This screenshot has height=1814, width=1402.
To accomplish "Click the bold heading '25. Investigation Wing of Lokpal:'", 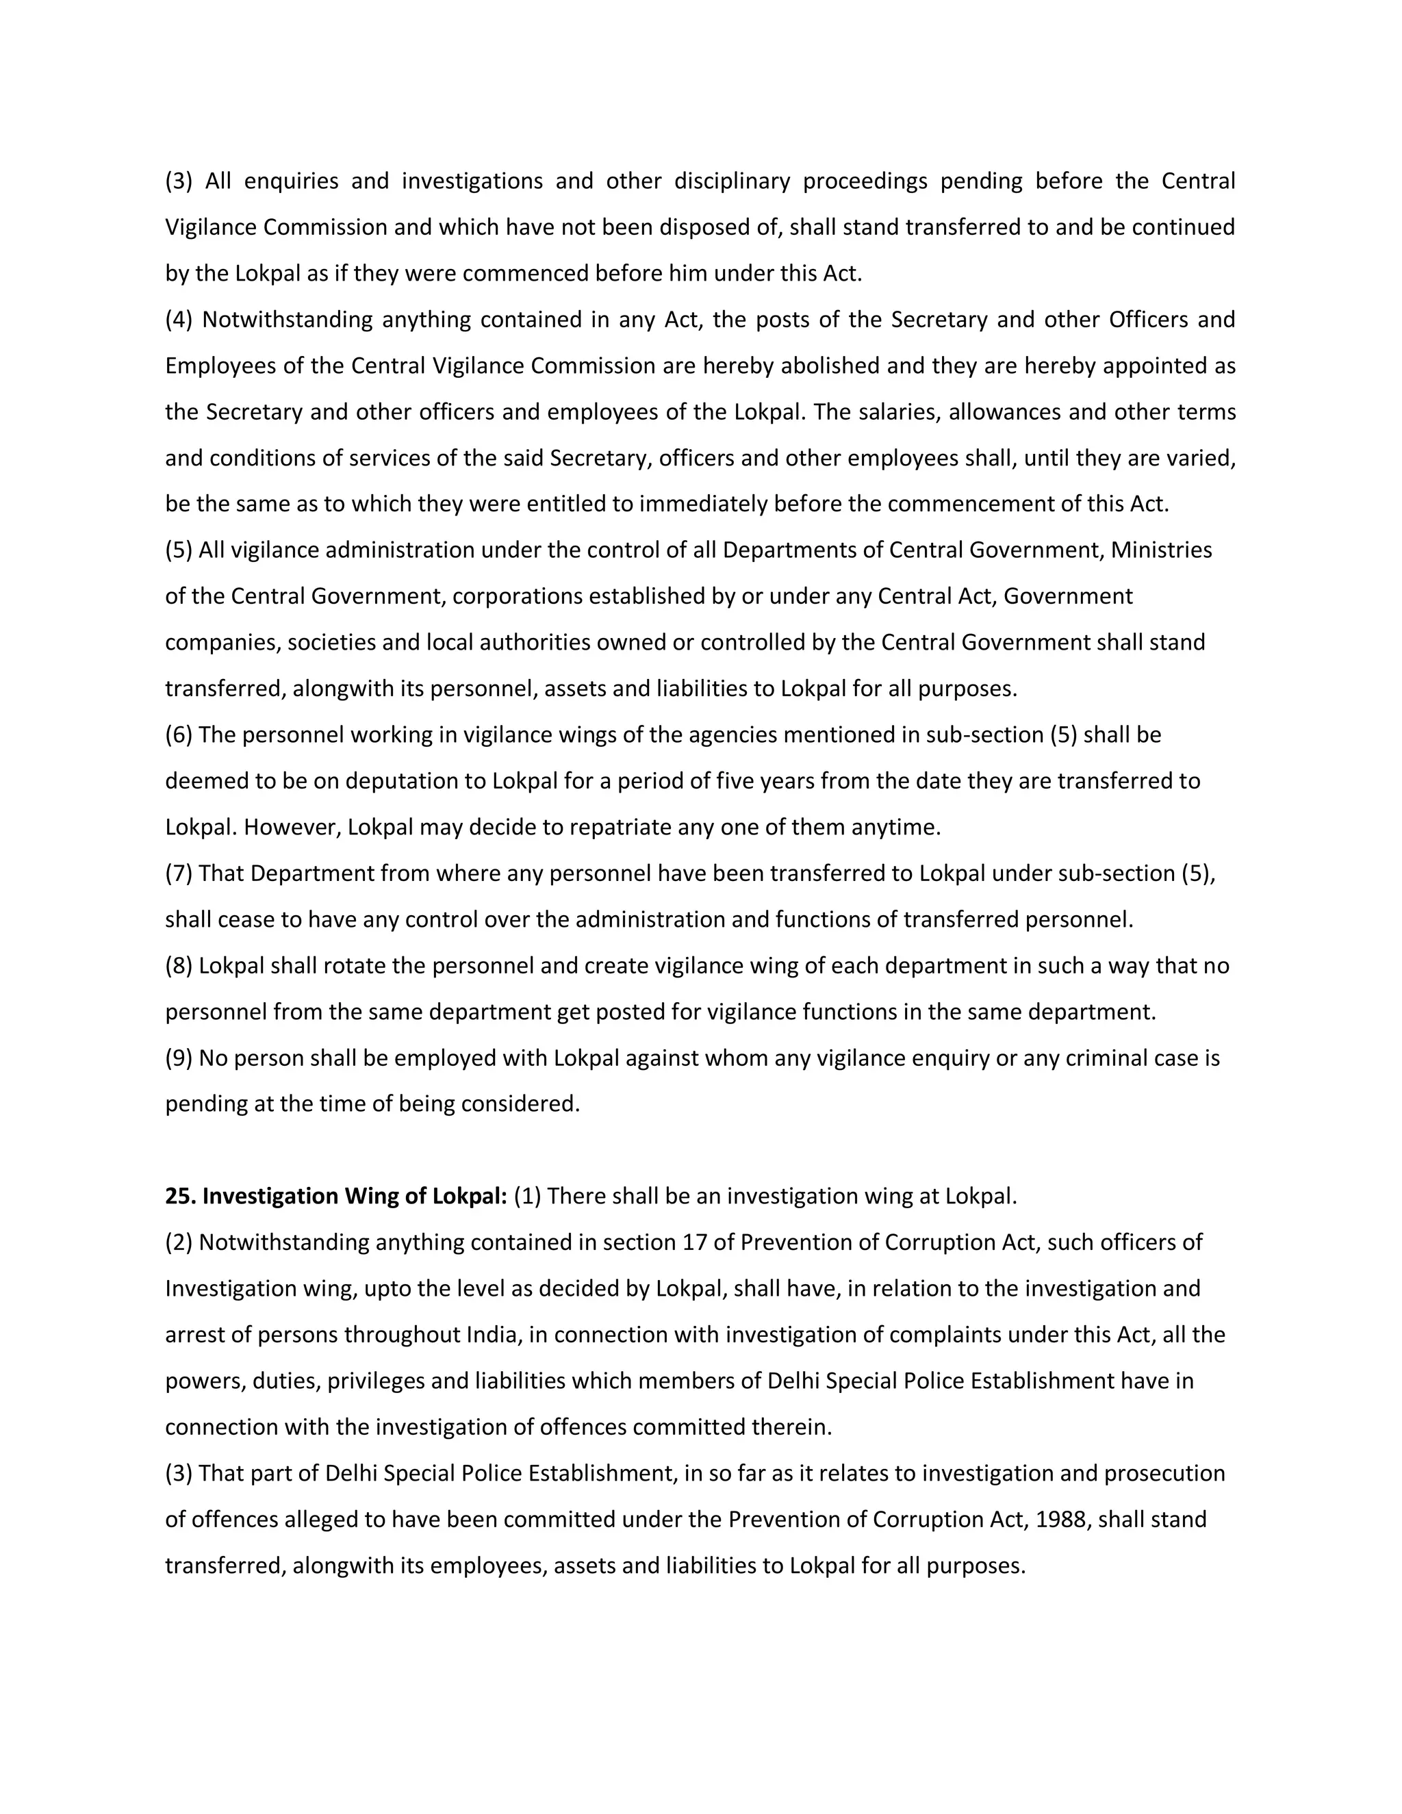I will (x=335, y=1196).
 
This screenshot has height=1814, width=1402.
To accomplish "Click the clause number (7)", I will (x=179, y=873).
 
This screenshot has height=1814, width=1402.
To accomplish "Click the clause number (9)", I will (x=179, y=1058).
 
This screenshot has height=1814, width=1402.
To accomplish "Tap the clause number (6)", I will (x=179, y=735).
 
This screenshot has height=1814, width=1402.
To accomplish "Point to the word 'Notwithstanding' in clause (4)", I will (x=287, y=320).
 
